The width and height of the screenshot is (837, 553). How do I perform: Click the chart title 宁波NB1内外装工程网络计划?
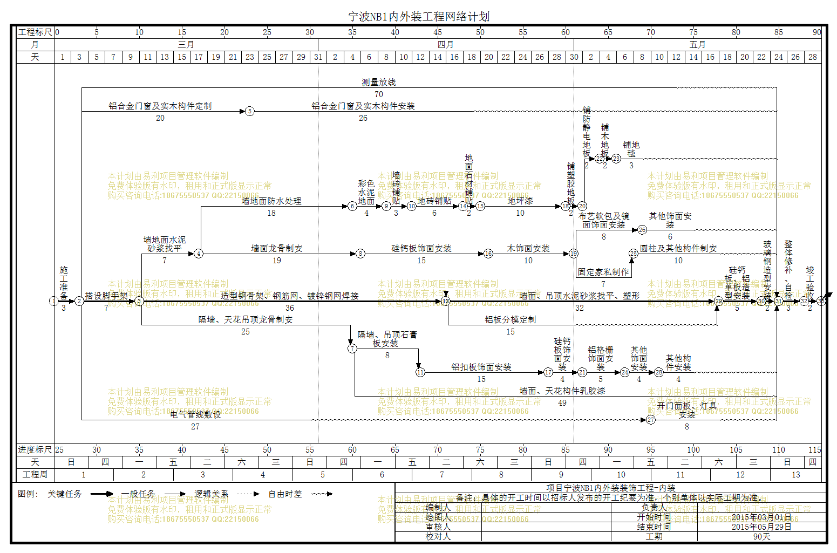click(419, 17)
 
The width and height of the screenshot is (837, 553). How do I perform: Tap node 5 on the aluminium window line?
click(249, 111)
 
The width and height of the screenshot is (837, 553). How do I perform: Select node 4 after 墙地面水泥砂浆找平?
click(199, 254)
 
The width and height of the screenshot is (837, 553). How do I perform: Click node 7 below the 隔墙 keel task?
click(352, 349)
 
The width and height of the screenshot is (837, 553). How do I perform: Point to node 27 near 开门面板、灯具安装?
click(651, 420)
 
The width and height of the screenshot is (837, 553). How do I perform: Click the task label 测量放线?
click(378, 83)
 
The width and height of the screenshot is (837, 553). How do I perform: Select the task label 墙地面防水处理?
click(271, 201)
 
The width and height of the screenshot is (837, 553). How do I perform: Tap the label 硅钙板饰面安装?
click(421, 249)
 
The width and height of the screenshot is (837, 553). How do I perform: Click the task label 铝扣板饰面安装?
click(481, 367)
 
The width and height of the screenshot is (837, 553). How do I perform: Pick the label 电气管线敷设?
click(195, 415)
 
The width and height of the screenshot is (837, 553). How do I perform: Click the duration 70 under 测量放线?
click(379, 94)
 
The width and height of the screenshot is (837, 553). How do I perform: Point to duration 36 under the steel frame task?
click(290, 308)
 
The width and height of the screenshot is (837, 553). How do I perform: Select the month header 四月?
click(445, 45)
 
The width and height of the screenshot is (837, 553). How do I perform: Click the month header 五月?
click(697, 45)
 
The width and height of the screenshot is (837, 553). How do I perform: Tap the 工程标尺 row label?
click(35, 32)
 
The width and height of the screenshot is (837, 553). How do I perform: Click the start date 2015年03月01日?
click(761, 517)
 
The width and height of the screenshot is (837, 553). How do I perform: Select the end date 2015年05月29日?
click(761, 527)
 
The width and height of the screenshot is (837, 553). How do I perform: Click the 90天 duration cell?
click(761, 537)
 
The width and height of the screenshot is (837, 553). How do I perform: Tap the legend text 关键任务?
click(65, 494)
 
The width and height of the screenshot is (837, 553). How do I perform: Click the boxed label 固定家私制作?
click(603, 272)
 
